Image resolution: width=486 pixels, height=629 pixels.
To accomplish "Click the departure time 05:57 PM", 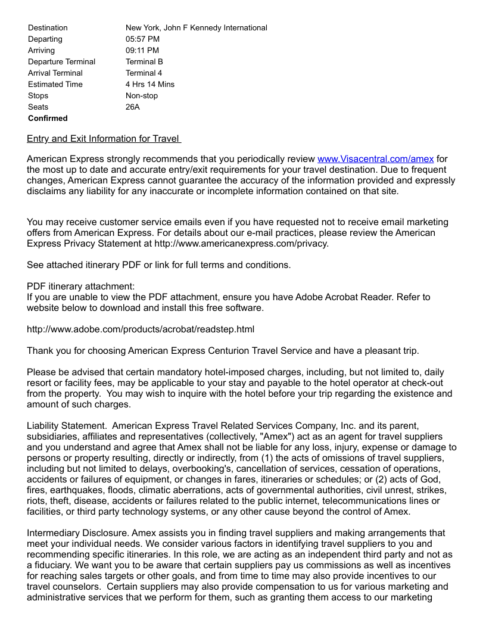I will point(142,39).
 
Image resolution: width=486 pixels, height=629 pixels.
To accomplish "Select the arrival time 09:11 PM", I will point(142,50).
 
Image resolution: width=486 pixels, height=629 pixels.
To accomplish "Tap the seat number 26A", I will point(133,107).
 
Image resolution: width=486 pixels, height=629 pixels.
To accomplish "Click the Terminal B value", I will point(144,61).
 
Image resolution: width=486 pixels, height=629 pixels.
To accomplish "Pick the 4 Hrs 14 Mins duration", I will point(150,84).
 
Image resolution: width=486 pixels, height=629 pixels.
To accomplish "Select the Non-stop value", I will point(141,95).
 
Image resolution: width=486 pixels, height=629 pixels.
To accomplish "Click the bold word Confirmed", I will point(48,118).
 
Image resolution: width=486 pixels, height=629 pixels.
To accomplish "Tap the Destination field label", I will point(48,27).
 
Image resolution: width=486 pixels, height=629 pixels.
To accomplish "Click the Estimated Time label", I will point(55,84).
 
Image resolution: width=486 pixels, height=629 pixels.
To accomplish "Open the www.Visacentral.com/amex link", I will point(375,158).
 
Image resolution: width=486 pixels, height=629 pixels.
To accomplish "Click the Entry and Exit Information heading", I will point(103,139).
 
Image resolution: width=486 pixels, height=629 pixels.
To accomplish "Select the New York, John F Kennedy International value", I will point(196,27).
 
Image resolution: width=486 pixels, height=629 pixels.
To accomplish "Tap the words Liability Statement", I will point(66,425).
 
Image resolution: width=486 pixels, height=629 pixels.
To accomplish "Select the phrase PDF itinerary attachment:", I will point(81,286).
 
